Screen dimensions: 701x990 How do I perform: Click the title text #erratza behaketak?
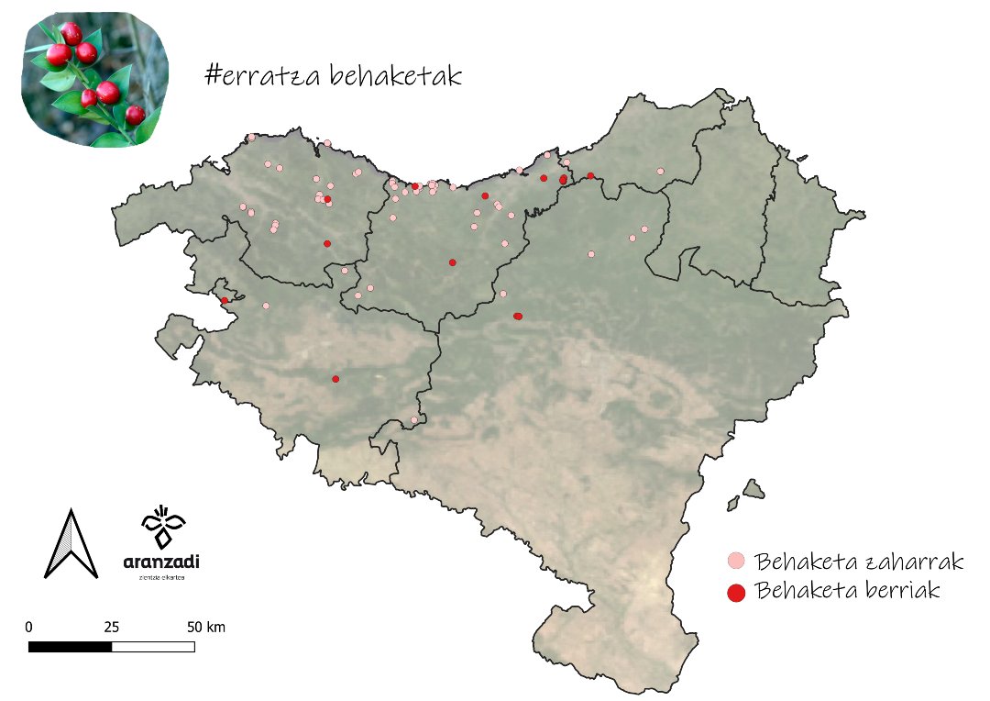333,76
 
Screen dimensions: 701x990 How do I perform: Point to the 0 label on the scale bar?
29,628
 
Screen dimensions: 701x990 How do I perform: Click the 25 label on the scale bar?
111,628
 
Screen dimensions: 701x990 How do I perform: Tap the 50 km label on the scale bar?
206,628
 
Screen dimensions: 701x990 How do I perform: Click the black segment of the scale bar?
71,646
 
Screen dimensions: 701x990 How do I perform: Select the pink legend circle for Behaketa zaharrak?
735,561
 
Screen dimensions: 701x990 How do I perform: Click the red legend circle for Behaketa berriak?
735,592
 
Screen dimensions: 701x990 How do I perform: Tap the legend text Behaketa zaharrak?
858,560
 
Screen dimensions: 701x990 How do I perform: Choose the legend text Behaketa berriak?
848,590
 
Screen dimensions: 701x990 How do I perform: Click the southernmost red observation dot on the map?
335,379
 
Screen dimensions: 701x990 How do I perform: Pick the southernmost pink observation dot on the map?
414,420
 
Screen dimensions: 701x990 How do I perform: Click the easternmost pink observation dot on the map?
660,171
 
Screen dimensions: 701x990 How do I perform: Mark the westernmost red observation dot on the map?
224,300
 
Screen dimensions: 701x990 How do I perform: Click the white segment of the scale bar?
153,646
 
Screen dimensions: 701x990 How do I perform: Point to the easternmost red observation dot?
590,175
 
